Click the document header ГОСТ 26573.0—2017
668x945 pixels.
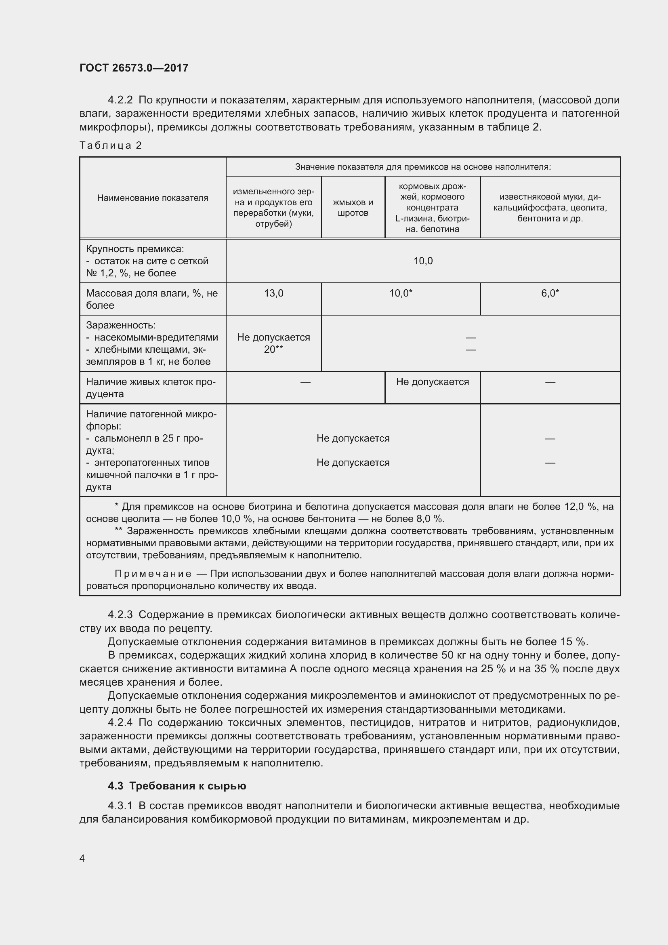(x=134, y=68)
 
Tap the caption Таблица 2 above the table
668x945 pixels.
(x=111, y=145)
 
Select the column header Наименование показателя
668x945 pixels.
(x=153, y=198)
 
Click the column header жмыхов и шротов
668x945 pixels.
(x=353, y=207)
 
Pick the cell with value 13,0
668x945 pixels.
(x=273, y=293)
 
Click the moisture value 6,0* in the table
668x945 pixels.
(x=550, y=293)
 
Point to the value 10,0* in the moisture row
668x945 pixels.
(x=401, y=293)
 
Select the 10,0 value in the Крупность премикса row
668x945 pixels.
(x=423, y=261)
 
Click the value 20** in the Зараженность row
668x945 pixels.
(x=273, y=349)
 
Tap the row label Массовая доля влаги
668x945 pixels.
(x=152, y=299)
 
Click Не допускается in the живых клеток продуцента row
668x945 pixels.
(x=432, y=381)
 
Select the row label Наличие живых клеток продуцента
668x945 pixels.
(x=151, y=387)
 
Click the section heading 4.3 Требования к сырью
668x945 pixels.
(x=177, y=786)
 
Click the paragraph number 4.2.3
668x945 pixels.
(x=120, y=615)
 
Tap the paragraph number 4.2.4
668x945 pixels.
(x=120, y=723)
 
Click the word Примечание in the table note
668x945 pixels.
(x=153, y=574)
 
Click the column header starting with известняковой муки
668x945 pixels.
(x=550, y=207)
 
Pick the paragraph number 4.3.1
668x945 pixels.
(x=120, y=806)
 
